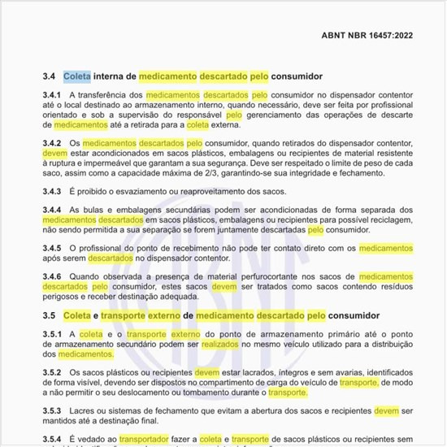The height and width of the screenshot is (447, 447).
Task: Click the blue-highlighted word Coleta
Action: (77, 76)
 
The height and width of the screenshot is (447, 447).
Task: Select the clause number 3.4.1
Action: (54, 95)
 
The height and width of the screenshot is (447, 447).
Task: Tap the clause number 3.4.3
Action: (54, 191)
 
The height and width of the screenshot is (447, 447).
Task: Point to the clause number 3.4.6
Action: (54, 276)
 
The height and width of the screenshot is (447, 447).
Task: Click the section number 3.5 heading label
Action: (49, 315)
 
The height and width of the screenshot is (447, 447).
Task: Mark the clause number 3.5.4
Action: (54, 439)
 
